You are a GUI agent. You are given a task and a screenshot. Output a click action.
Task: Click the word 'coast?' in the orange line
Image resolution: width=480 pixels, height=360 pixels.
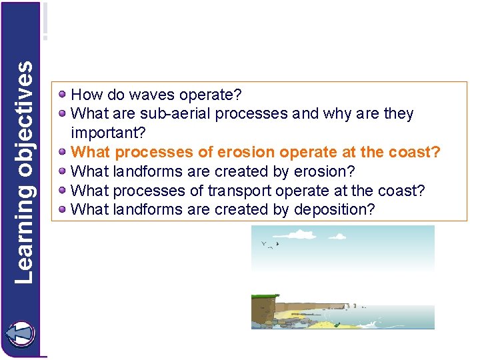417,152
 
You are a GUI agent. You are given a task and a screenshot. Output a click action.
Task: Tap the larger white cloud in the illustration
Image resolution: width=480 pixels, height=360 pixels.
302,234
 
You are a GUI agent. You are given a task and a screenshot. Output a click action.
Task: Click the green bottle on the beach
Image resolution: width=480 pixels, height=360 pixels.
338,325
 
